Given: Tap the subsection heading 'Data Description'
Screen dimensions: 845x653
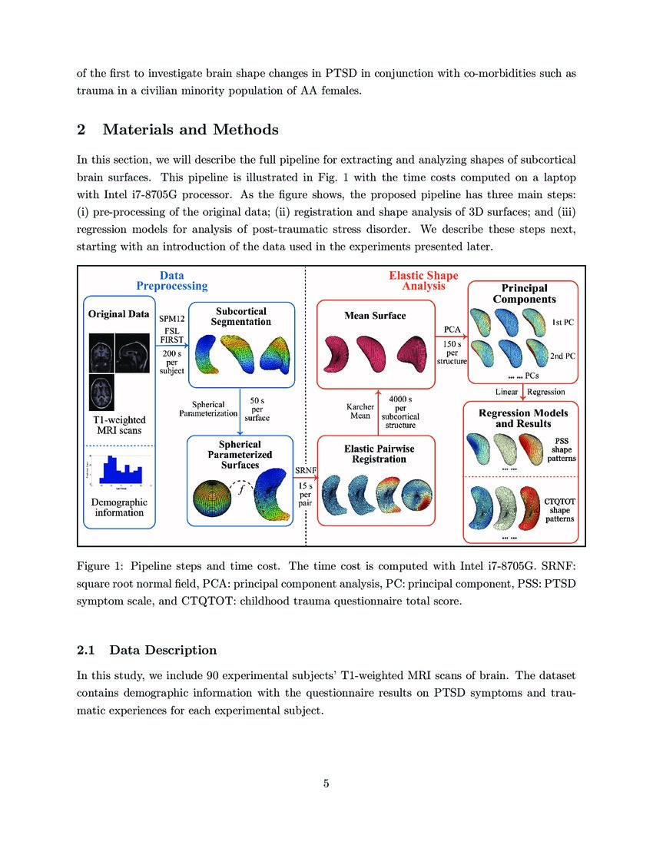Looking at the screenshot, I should point(163,650).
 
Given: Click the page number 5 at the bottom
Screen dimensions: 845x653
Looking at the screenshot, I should point(326,784).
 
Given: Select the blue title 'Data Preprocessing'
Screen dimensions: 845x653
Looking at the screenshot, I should point(172,280).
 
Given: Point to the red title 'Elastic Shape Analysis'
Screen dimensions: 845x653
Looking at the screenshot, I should point(417,280).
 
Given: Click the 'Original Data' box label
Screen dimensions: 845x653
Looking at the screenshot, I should point(119,314).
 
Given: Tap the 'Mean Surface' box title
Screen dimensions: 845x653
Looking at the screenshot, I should point(375,315).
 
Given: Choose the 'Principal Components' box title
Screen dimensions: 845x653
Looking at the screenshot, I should point(525,293).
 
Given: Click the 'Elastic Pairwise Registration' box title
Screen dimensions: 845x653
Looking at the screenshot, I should point(375,453).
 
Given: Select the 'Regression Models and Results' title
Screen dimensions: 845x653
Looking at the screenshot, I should point(525,419).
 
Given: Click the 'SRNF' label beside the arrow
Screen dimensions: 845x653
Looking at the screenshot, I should point(306,470).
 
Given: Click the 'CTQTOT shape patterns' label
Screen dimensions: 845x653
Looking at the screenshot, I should point(559,510).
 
